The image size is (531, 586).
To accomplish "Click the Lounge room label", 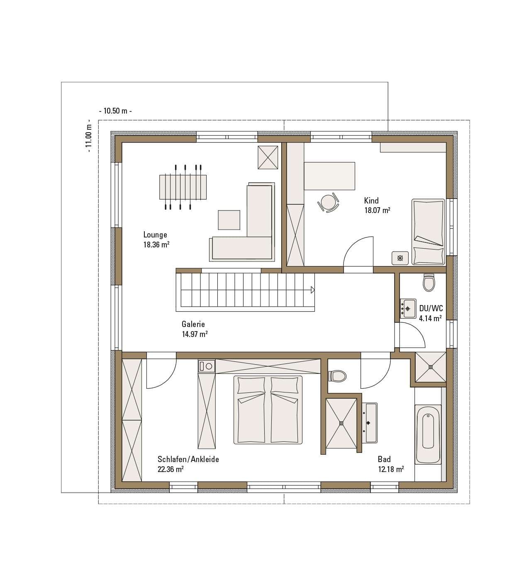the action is (x=155, y=235).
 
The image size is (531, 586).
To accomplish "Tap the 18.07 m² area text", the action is (x=377, y=211).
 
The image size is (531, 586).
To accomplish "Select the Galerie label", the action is (x=193, y=324).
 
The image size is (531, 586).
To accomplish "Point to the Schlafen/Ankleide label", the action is (x=188, y=459).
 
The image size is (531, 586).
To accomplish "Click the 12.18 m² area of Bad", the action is (x=391, y=469).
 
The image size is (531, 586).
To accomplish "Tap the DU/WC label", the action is (x=431, y=308).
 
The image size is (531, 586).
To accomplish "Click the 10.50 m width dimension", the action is (x=116, y=111).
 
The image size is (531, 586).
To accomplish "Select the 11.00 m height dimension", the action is (x=89, y=136).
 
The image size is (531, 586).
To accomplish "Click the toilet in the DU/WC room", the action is (x=429, y=283).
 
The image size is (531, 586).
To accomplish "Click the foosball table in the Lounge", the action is (x=183, y=187).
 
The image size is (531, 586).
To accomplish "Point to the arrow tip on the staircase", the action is (x=314, y=290).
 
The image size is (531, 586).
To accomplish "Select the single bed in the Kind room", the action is (x=428, y=232).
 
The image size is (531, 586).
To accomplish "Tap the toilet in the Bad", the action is (x=337, y=376).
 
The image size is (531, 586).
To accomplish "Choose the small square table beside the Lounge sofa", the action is (x=229, y=220).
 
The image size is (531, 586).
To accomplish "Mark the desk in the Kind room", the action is (x=329, y=176).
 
